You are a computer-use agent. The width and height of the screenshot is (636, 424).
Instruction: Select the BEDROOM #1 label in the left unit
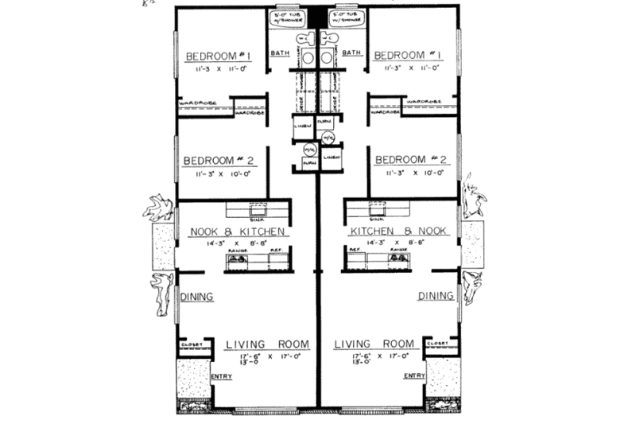[219, 56]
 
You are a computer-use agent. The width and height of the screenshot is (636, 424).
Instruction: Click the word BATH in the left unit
[281, 53]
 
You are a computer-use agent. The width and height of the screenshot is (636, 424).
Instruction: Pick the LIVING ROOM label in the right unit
[374, 344]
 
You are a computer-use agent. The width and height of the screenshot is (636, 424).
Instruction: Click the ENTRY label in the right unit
[414, 375]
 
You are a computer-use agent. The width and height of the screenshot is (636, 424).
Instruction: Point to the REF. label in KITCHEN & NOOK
[354, 248]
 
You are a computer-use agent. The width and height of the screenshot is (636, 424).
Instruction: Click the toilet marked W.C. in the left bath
[305, 40]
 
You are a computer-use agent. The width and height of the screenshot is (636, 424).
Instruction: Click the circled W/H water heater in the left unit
[308, 149]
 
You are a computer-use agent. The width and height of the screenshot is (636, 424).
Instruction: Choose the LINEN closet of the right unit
[333, 158]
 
